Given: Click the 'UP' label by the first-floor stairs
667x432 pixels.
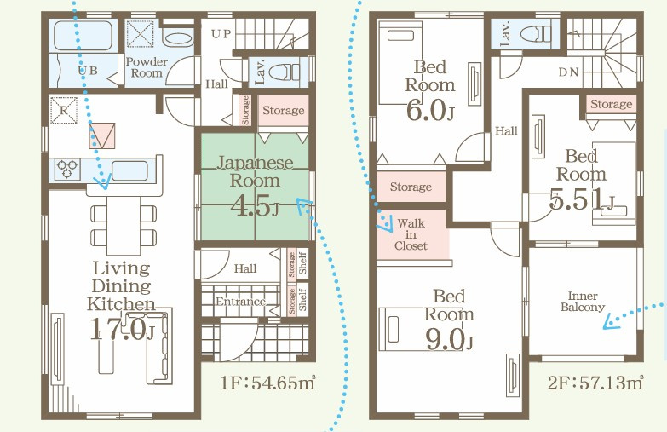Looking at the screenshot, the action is coord(221,34).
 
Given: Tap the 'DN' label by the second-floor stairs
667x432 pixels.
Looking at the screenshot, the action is coord(568,72).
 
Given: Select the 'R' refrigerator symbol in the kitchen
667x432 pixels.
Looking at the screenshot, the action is coord(64,111).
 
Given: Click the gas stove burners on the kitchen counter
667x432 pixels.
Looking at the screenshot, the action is coord(67,169).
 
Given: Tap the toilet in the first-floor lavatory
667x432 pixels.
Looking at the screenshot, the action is coord(284,72).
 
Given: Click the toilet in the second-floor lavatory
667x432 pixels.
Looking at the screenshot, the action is coord(536,33).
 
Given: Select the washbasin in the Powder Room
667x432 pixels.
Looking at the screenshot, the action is coord(178,37).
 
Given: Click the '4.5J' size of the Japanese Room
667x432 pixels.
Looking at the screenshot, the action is coord(255,206).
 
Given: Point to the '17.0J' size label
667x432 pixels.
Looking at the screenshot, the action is coord(122,329).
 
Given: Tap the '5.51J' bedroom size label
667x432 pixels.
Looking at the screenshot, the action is coord(582,199).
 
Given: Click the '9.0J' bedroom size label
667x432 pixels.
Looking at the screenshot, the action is coord(449,339).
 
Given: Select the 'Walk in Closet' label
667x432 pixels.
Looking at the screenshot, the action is coord(411,234).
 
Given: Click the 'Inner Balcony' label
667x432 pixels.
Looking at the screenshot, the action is coord(583,302).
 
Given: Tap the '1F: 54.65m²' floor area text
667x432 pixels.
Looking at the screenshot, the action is coord(268,383).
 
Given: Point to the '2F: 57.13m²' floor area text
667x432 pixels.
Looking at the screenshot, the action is coord(595,383).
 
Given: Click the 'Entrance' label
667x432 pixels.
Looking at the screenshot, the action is coord(240,302).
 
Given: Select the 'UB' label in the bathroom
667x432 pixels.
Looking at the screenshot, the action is coord(88,71).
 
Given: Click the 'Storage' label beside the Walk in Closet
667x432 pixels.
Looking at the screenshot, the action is coord(411,187).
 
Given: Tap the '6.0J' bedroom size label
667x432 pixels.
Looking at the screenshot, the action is coord(430,110).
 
